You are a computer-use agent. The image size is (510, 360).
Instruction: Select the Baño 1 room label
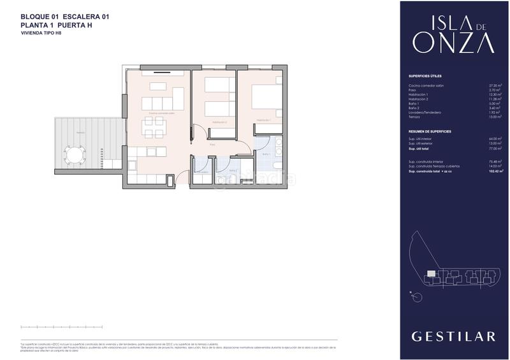point(266,154)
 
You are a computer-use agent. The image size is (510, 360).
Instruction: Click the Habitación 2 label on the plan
point(219,121)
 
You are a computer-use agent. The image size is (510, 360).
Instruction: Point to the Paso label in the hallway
point(212,145)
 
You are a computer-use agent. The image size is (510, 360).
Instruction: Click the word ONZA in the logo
point(453,43)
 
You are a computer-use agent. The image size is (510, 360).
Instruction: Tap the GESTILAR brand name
point(453,336)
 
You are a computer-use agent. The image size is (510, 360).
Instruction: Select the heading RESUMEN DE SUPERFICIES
point(430,131)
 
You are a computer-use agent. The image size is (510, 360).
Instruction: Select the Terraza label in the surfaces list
point(414,117)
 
